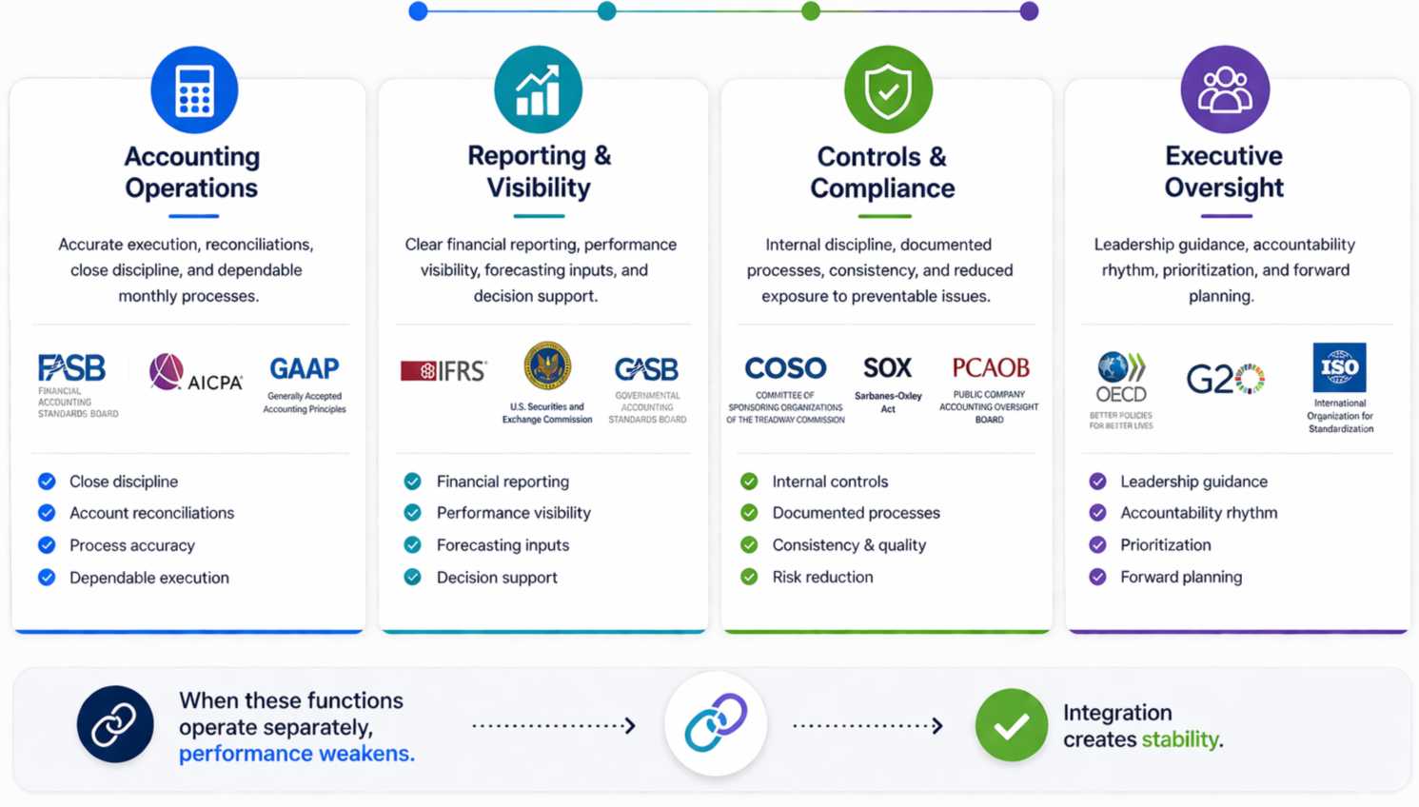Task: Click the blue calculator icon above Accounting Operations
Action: pos(194,90)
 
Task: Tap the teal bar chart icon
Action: pos(538,90)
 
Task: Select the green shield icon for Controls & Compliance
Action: pos(888,90)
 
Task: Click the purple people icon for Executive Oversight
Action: pos(1225,90)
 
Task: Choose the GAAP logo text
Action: pos(304,368)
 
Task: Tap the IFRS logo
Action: pos(443,370)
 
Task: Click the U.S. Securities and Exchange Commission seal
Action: pos(547,366)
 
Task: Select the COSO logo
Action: pos(785,367)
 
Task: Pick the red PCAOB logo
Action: pos(990,367)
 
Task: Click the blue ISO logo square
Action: pos(1339,367)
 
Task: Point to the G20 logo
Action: pos(1225,379)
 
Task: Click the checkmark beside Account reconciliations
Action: pos(47,513)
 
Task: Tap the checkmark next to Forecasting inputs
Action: pos(412,545)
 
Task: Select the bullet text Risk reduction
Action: pos(822,577)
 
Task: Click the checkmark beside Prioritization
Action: pos(1097,545)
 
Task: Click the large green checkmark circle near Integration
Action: pos(1011,725)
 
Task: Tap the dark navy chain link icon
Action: pos(115,725)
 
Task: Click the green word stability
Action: pos(1180,739)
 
